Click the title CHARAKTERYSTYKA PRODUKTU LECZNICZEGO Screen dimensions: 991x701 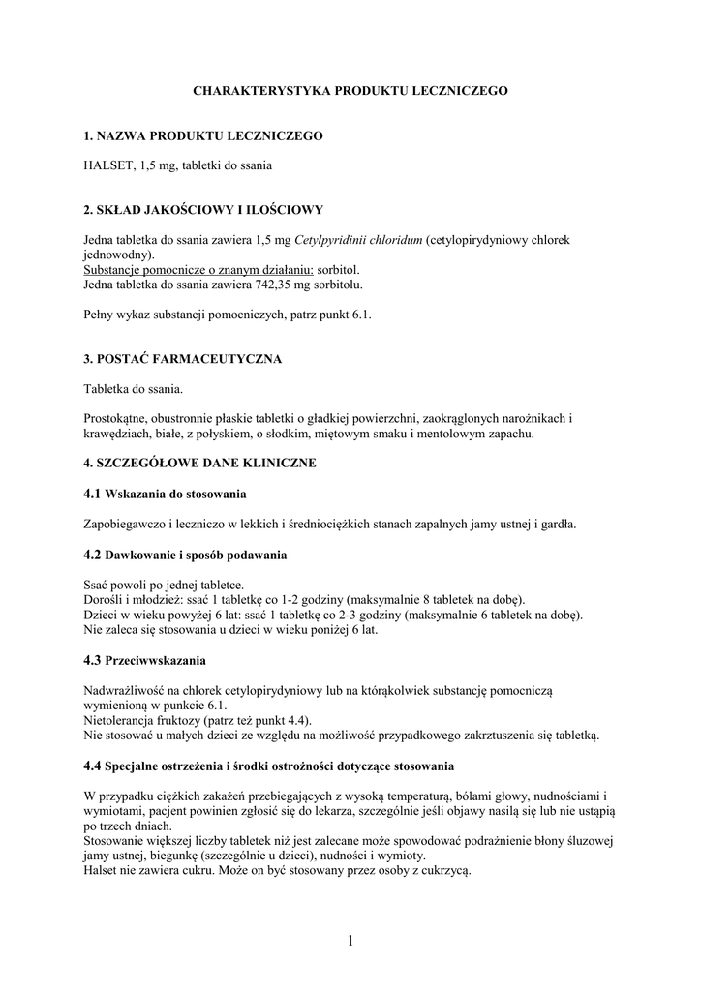350,90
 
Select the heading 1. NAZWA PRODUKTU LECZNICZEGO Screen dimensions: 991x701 203,136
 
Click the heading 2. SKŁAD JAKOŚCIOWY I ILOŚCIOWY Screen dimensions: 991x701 203,209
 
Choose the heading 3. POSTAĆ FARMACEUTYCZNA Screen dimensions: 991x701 183,359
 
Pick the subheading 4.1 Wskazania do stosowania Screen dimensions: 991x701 166,495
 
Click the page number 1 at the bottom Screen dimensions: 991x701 350,940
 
